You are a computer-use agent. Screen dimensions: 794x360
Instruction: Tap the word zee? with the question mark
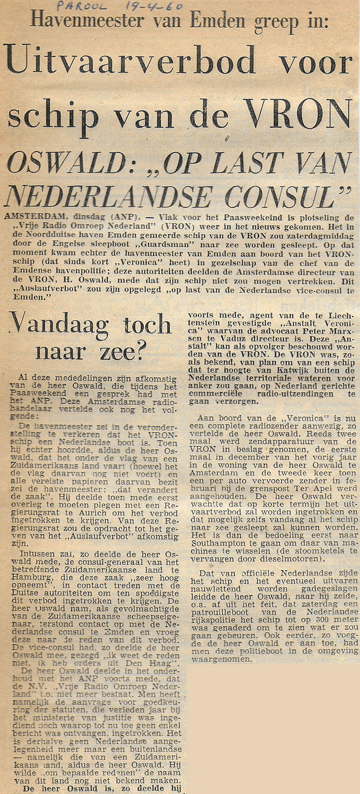130,351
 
